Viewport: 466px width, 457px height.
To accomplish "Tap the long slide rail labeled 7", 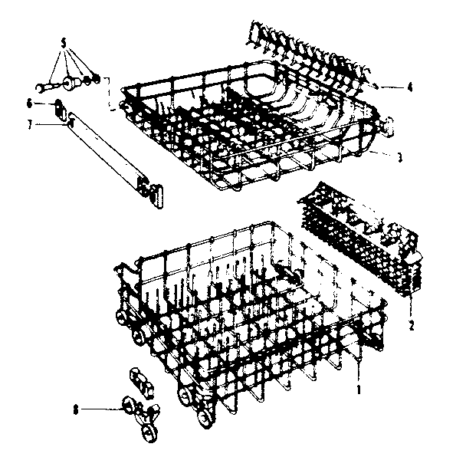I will pyautogui.click(x=107, y=153).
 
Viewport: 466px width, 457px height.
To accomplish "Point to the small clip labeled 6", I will pyautogui.click(x=59, y=105).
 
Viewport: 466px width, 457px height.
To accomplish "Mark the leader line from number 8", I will pyautogui.click(x=100, y=410).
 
